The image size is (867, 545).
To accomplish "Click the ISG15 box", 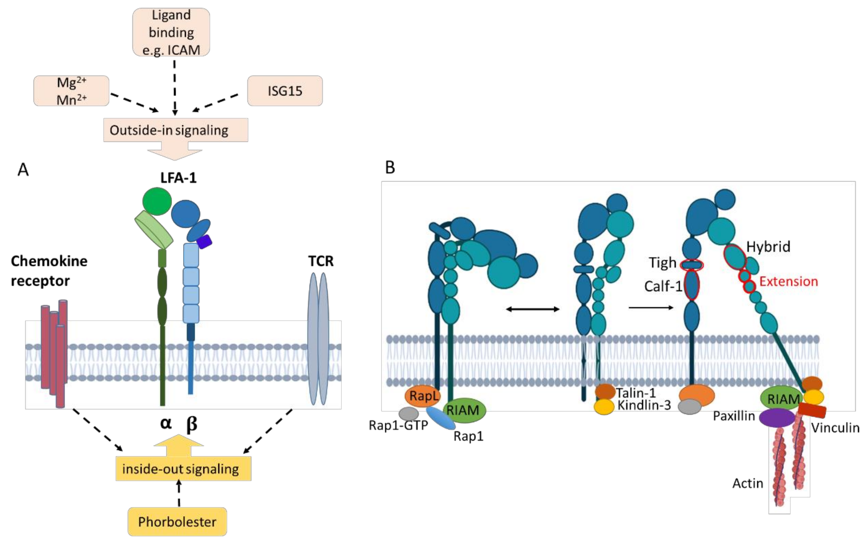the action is (285, 91).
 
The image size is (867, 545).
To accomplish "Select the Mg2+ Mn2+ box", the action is (71, 91).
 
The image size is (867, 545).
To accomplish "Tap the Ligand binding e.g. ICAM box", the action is (171, 32).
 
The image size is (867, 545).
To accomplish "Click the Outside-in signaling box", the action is (176, 130).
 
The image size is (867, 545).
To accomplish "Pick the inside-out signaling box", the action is (183, 469).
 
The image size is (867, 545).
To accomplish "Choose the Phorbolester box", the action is (177, 522).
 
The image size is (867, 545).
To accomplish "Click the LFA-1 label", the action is (179, 178).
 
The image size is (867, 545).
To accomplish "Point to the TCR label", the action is (321, 261).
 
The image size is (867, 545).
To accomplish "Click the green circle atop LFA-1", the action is (157, 201).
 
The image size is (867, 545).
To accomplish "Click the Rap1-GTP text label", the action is (398, 425).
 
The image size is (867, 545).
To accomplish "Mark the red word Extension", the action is (789, 281).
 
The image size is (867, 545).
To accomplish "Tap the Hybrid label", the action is (768, 247).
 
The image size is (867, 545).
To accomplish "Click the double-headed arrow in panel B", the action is (533, 309).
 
